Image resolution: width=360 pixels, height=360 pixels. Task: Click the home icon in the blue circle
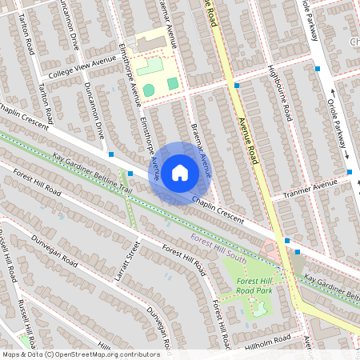pos(179,172)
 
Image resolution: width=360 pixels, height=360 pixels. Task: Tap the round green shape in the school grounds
pos(149,90)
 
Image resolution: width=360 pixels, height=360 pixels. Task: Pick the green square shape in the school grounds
pos(173,83)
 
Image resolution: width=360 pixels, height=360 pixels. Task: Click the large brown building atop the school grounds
pos(151,40)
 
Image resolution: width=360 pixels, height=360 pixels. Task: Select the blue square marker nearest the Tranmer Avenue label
pos(350,172)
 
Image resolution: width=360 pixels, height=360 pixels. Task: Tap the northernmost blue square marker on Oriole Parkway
pos(318,70)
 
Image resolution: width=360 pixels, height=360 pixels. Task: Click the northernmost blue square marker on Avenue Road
pos(236,84)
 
